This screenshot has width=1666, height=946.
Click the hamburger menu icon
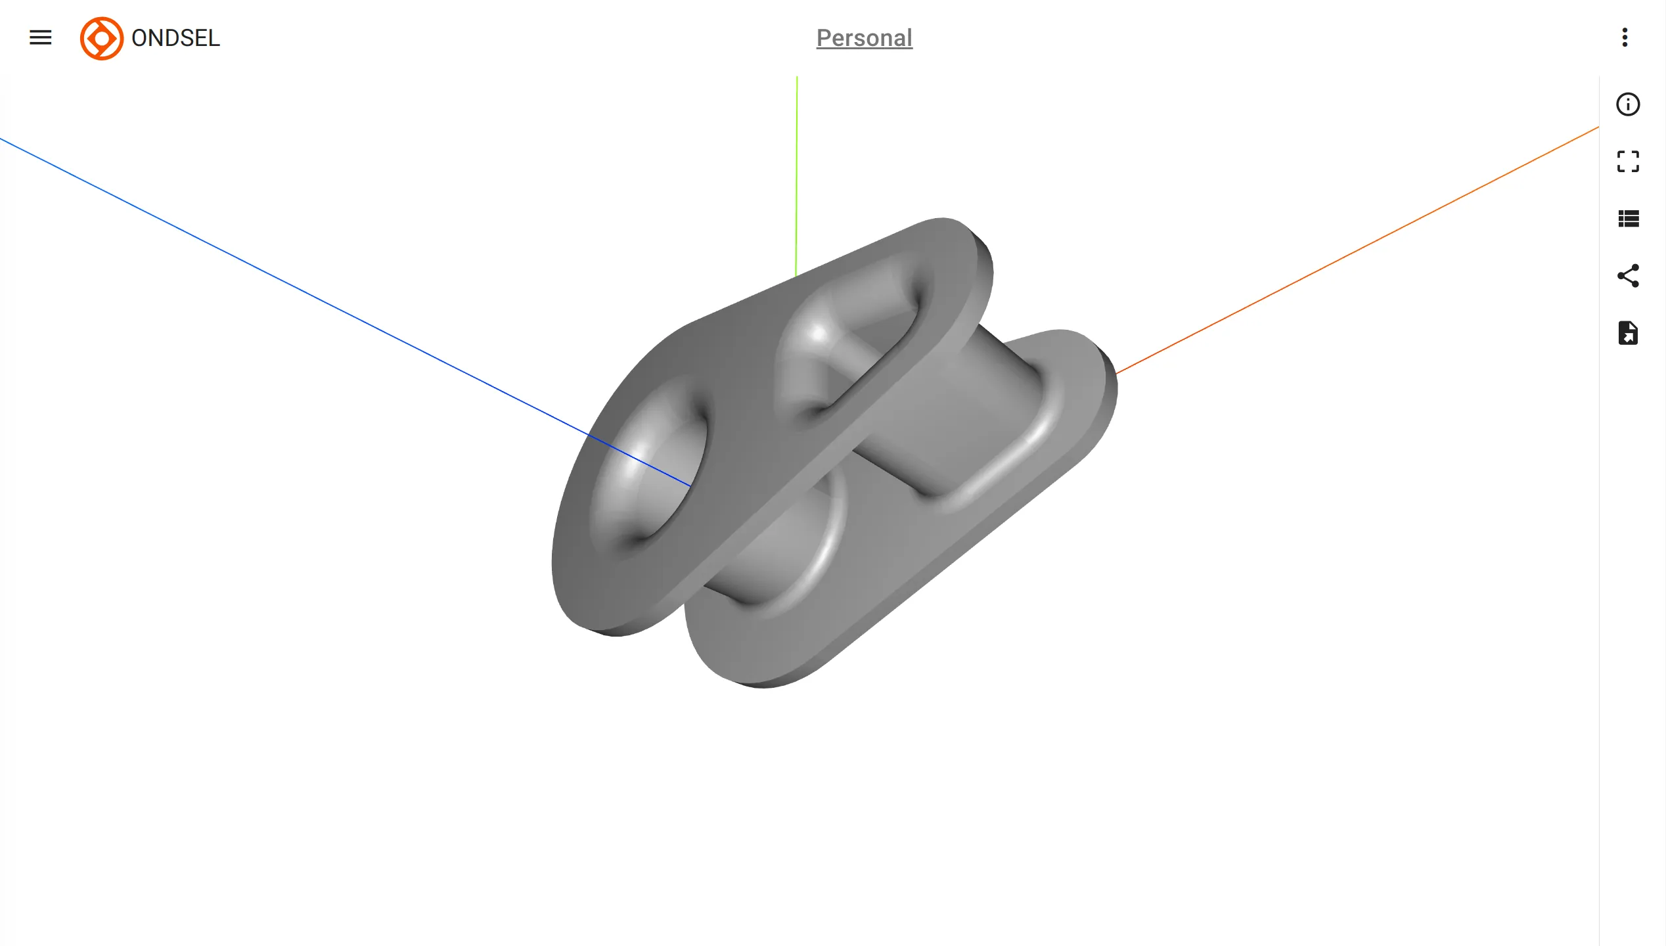pos(40,37)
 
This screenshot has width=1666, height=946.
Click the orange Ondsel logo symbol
pos(101,38)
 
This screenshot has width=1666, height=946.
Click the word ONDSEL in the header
pos(175,38)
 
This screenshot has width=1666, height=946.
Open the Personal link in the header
pos(864,38)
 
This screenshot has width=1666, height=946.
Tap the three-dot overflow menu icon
pos(1625,37)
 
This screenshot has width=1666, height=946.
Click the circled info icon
pos(1628,104)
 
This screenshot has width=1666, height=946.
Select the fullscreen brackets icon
pos(1628,162)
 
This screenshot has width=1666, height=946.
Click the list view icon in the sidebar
pos(1628,219)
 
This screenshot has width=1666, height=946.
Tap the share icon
pos(1628,276)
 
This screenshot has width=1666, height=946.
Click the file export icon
pos(1628,333)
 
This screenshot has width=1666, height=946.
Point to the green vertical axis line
pos(796,171)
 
